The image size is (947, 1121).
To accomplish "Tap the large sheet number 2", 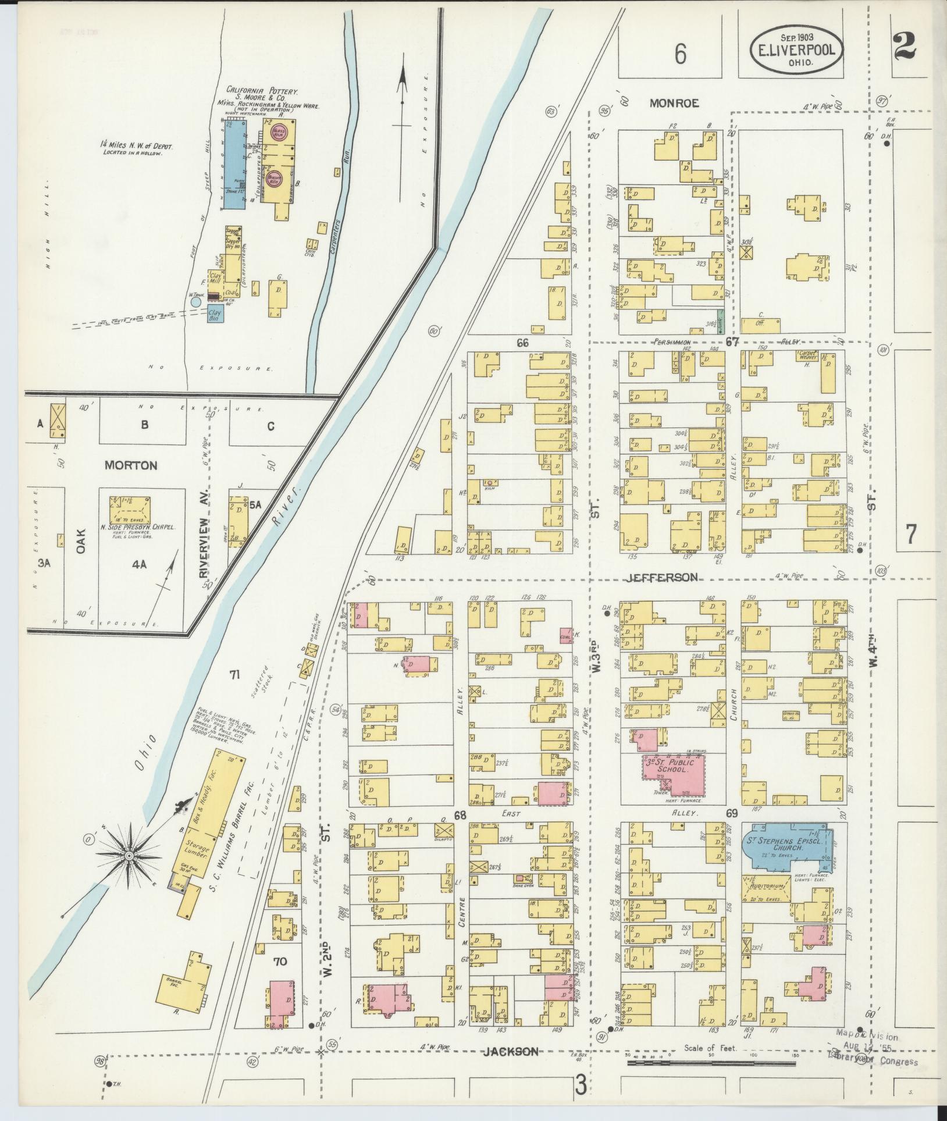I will [906, 46].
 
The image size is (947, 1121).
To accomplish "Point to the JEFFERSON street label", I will [663, 577].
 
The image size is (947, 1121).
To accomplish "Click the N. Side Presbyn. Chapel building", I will [130, 510].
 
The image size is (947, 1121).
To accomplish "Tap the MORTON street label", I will [131, 465].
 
